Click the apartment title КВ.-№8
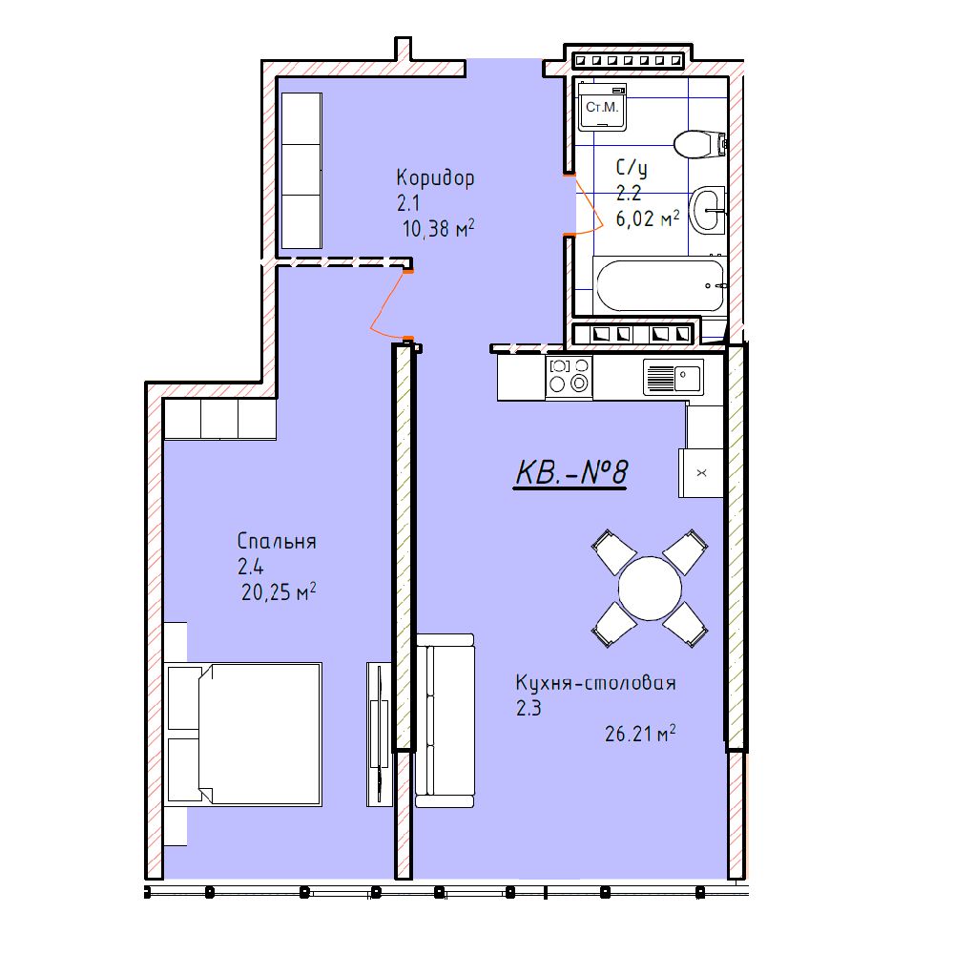(570, 473)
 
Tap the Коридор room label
(435, 178)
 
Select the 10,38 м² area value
(438, 228)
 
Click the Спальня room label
(277, 541)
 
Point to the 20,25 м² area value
(279, 591)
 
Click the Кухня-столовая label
(595, 683)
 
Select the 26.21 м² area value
(640, 734)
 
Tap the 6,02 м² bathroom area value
(648, 218)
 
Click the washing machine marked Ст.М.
(602, 107)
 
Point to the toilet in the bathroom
(699, 144)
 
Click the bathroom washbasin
(708, 211)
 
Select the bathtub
(660, 285)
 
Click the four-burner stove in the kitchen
(569, 377)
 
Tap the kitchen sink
(674, 377)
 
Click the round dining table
(650, 588)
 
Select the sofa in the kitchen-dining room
(445, 720)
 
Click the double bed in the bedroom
(243, 734)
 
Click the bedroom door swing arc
(388, 304)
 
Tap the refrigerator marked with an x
(701, 473)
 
